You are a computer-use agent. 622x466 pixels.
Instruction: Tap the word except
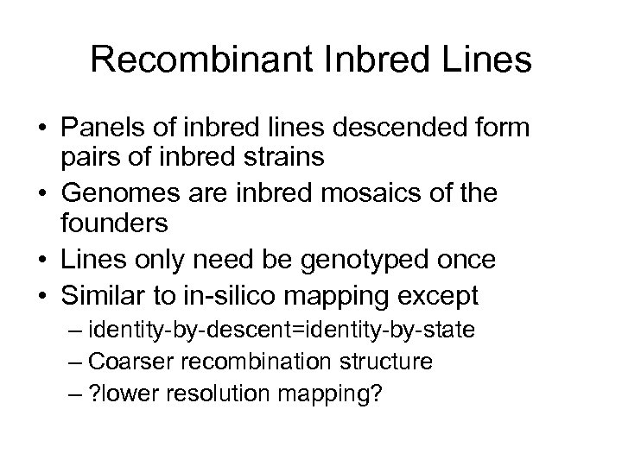click(x=436, y=296)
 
